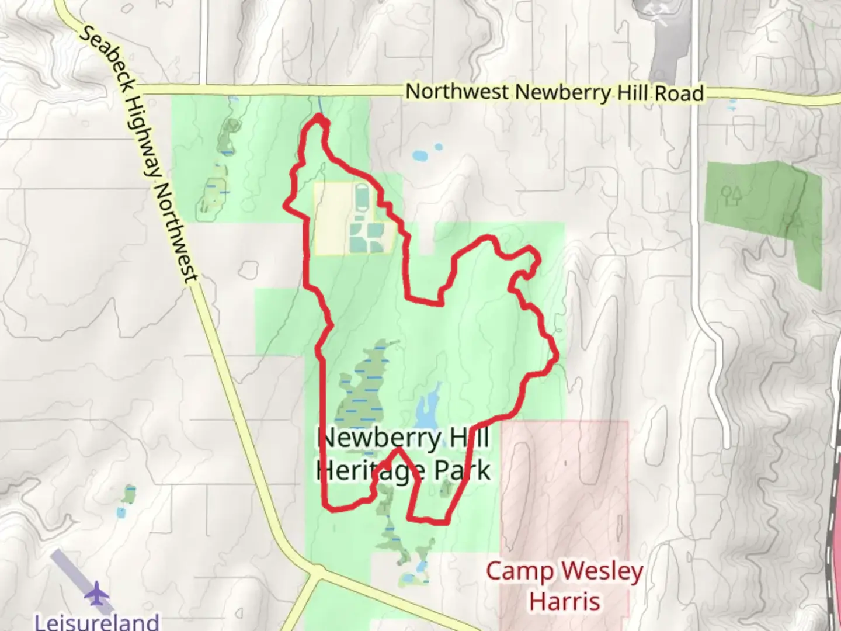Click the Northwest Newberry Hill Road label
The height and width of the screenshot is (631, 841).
coord(554,93)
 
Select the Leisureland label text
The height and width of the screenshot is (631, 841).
coord(97,621)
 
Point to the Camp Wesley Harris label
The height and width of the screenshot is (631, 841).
coord(564,585)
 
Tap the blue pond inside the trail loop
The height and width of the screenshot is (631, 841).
coord(428,408)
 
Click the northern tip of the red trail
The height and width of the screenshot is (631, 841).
coord(319,118)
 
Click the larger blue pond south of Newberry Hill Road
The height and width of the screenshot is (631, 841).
coord(420,156)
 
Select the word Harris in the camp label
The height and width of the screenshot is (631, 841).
coord(564,601)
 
